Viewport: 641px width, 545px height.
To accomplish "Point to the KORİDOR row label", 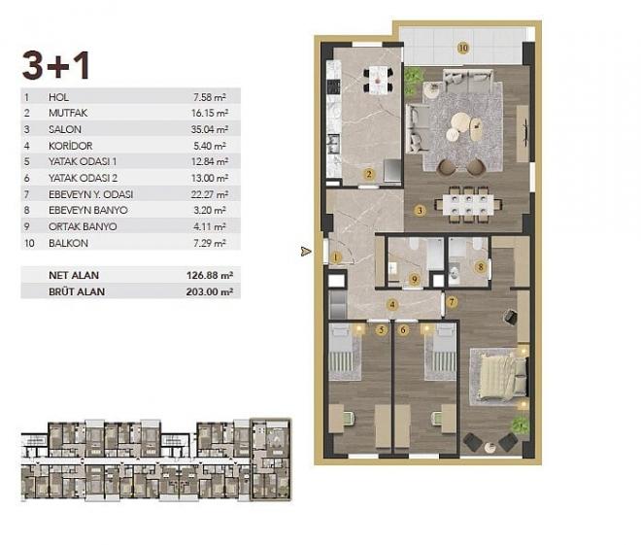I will [68, 146].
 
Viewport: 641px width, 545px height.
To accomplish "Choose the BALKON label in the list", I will [65, 243].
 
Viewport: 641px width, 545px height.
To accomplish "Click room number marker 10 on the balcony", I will [463, 47].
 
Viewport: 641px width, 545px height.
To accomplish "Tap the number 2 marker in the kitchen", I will [369, 175].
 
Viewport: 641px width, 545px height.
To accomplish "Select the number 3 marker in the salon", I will [419, 210].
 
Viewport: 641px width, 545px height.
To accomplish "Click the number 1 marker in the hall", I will [335, 257].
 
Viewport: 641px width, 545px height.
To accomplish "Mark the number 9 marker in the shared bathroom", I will [414, 280].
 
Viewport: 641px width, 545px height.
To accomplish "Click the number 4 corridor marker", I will [392, 305].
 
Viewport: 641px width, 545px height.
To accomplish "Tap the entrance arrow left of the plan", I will [307, 252].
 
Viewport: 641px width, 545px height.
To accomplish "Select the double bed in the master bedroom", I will [500, 376].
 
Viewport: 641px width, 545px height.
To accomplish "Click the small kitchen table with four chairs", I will [378, 80].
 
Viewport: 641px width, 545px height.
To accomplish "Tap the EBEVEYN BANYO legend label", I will [83, 210].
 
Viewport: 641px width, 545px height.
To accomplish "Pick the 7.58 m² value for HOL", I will [211, 96].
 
